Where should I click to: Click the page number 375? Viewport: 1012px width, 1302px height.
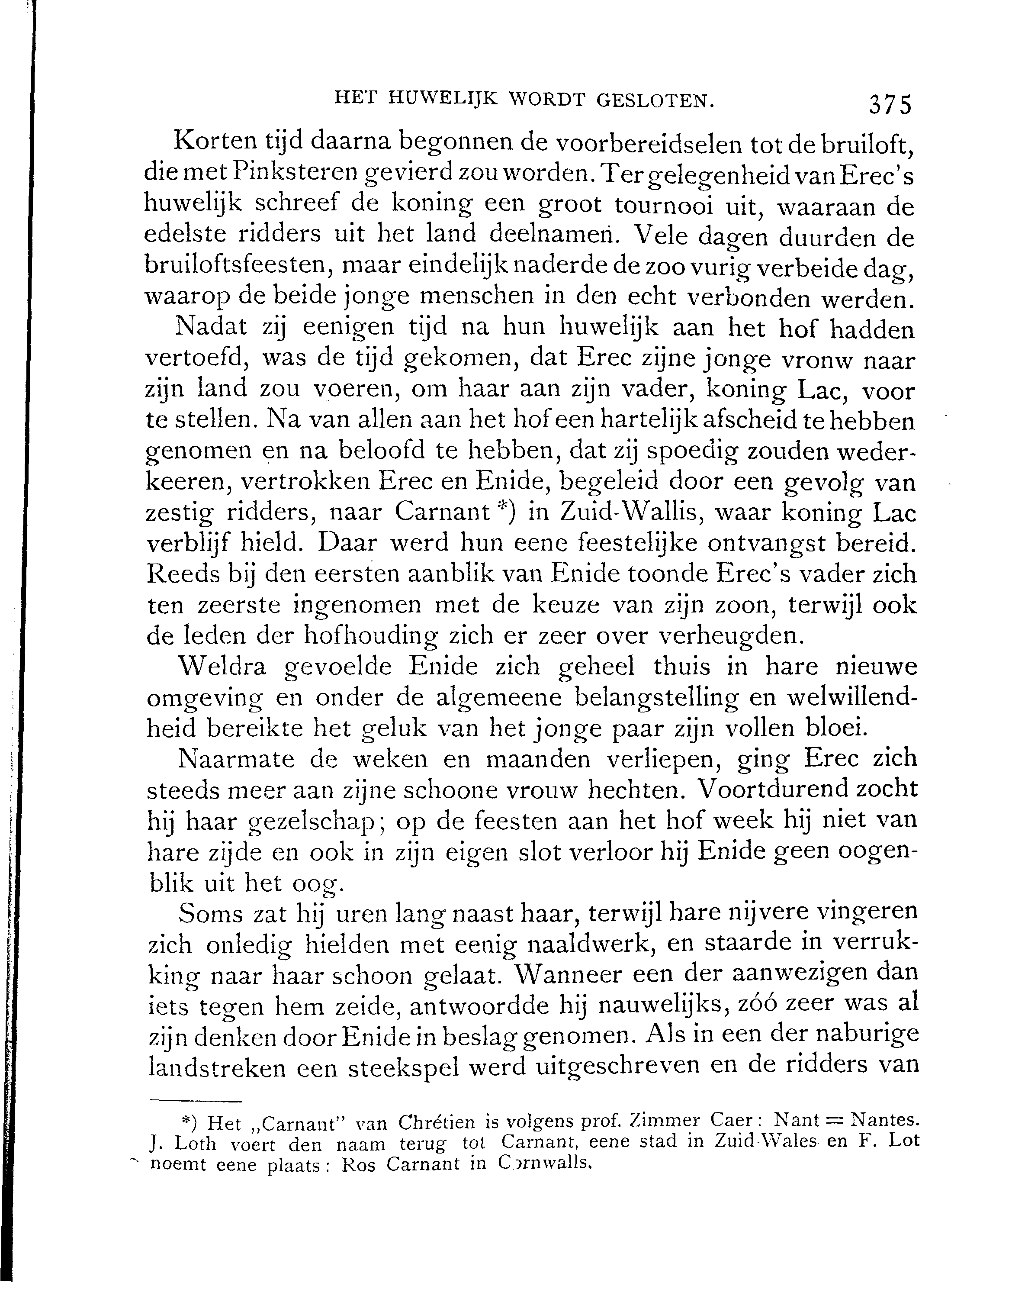point(890,105)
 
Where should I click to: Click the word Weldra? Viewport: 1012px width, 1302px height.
point(225,667)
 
